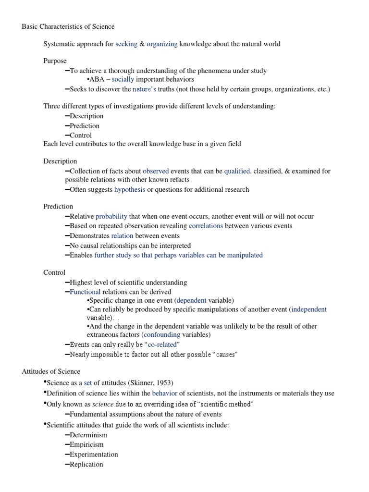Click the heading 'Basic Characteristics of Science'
(x=68, y=26)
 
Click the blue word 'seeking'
(x=126, y=44)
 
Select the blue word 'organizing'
(x=162, y=44)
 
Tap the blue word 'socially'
(x=123, y=79)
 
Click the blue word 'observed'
(x=156, y=171)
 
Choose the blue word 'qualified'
(x=237, y=171)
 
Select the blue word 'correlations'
(x=206, y=226)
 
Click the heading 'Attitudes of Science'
(x=51, y=371)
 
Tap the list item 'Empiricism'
(x=86, y=444)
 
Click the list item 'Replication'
(x=86, y=464)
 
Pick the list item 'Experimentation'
(x=94, y=454)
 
